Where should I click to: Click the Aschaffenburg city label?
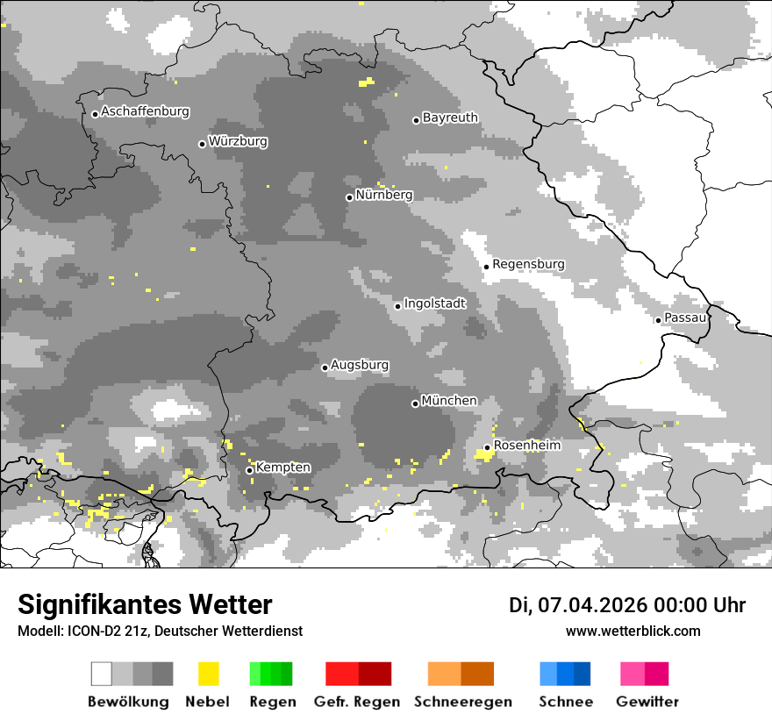(x=145, y=111)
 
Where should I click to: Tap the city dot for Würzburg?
(x=202, y=144)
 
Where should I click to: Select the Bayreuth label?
(x=450, y=117)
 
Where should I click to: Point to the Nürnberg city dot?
(x=349, y=197)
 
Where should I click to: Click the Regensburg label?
(x=528, y=264)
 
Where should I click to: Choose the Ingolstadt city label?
(x=435, y=303)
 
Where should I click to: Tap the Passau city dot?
(x=658, y=320)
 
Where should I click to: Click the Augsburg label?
(x=360, y=365)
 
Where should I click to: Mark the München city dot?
(x=415, y=403)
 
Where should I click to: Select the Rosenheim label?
(x=526, y=446)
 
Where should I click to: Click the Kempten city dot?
(x=249, y=470)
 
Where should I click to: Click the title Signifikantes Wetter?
(x=145, y=604)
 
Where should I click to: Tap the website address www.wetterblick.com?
(x=633, y=631)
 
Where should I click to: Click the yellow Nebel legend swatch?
(x=208, y=674)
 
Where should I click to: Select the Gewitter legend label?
(x=647, y=702)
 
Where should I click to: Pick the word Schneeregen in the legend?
(x=463, y=702)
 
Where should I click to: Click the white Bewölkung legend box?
(x=102, y=674)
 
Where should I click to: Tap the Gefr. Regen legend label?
(x=357, y=702)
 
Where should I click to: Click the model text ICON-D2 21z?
(x=104, y=631)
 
